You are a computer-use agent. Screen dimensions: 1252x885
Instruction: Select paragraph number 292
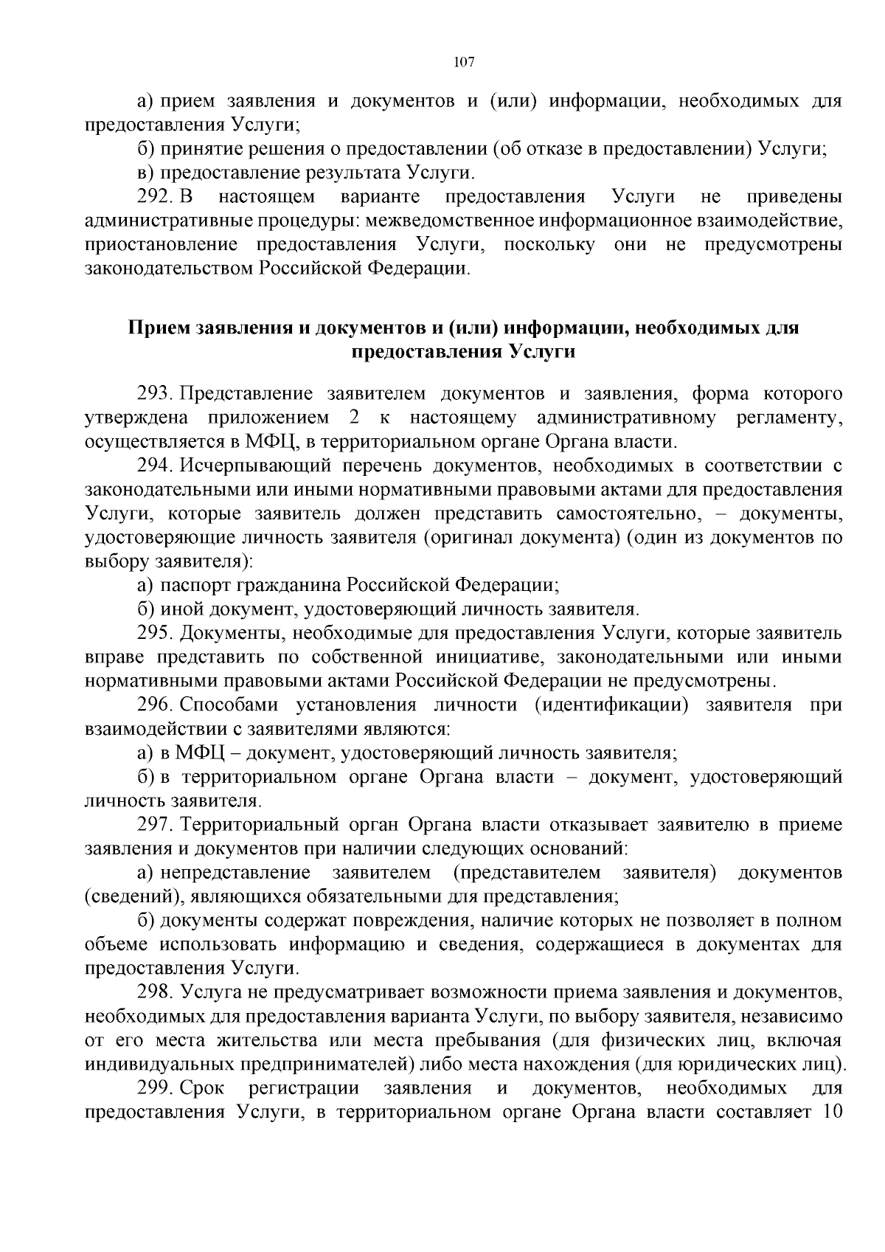[155, 197]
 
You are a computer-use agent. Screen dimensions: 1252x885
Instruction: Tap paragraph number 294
[155, 466]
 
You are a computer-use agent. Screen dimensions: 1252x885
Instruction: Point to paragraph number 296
[155, 705]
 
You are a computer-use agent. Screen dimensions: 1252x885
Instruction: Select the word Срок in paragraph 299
[201, 1088]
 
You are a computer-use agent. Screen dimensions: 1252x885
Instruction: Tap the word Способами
[229, 705]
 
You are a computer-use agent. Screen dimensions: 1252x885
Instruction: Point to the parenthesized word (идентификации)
[612, 705]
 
